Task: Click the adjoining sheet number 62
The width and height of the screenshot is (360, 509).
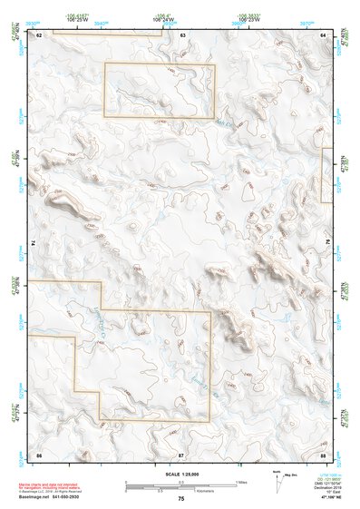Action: [39, 34]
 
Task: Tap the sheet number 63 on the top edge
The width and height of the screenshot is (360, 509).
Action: [182, 34]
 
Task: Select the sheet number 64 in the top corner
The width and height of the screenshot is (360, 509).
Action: [323, 34]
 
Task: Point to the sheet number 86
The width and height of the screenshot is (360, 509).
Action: [39, 452]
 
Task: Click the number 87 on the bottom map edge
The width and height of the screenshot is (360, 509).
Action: [181, 452]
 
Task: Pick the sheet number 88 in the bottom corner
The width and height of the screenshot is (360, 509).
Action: [323, 452]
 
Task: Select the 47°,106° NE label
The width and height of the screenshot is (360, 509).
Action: [332, 498]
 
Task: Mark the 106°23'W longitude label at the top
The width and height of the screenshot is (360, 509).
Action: [247, 19]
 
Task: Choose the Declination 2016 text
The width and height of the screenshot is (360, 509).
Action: [331, 486]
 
